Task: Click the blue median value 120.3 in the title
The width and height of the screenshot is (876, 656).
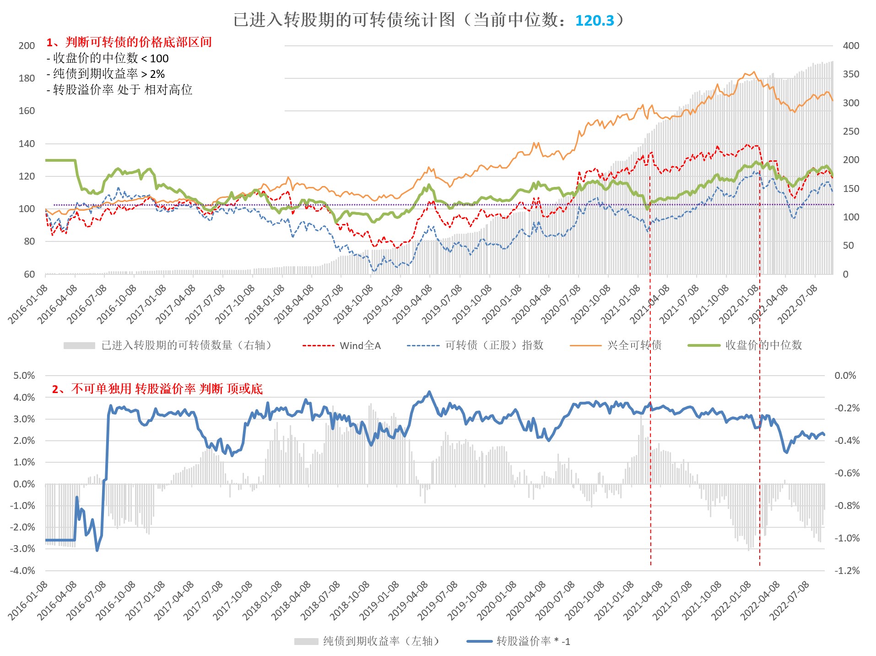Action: (x=594, y=21)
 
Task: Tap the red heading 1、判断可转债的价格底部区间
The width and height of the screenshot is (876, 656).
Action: (x=129, y=43)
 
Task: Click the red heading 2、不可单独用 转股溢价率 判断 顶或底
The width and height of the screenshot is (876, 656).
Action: (x=157, y=389)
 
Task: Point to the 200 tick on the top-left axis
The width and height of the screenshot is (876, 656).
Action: (x=27, y=46)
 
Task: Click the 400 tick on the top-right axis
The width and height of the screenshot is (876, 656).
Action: (x=851, y=46)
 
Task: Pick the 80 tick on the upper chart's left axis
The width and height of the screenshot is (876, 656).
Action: (x=29, y=241)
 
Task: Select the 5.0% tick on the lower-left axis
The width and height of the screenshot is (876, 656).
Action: (x=24, y=376)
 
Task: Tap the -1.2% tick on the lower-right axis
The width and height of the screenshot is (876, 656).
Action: (x=847, y=571)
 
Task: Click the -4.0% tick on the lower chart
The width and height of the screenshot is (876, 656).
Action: (x=23, y=571)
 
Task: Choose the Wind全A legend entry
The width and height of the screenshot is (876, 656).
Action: (x=360, y=346)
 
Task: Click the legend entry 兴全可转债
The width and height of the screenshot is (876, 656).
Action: (x=634, y=345)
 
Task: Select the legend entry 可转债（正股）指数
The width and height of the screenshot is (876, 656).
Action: (x=494, y=345)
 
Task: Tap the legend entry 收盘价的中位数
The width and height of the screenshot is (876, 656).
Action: (x=763, y=345)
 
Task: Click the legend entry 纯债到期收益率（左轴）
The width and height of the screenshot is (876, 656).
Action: (x=381, y=641)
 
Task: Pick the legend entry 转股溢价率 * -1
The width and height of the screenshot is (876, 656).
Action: (x=533, y=641)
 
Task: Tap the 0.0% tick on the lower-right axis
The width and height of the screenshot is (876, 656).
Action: (x=845, y=376)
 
